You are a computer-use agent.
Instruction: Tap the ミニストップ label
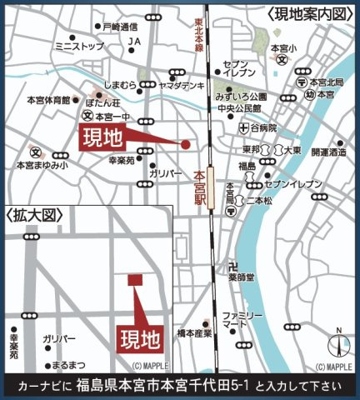[x=77, y=47]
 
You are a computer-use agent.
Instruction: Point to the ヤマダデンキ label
[x=182, y=86]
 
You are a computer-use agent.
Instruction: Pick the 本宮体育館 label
[x=47, y=100]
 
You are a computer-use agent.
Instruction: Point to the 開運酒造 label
[x=327, y=152]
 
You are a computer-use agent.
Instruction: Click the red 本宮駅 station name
[x=198, y=190]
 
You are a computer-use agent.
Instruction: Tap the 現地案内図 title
[x=314, y=14]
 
